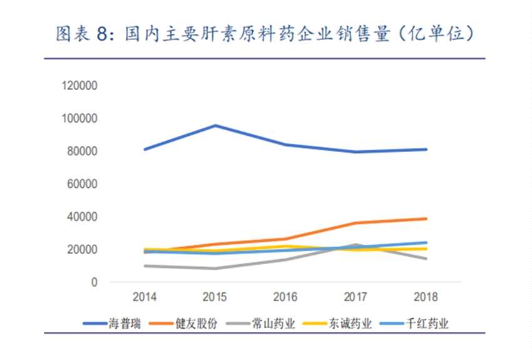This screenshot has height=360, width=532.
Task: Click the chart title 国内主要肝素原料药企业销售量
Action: click(263, 34)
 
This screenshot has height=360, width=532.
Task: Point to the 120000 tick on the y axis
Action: click(79, 86)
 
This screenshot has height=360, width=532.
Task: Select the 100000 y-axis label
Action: click(79, 118)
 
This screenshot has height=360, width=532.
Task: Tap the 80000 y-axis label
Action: click(81, 152)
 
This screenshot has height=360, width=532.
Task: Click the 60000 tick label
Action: click(81, 184)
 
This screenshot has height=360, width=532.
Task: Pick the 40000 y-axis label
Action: click(81, 217)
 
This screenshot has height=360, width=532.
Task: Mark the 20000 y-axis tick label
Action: click(81, 250)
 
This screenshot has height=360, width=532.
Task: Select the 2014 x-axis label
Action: click(145, 297)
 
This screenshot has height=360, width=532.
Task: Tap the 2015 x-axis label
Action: click(216, 297)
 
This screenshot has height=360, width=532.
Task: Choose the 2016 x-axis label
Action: click(286, 297)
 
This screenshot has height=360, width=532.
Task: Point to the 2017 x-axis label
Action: click(356, 297)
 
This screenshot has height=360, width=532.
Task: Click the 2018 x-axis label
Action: click(426, 297)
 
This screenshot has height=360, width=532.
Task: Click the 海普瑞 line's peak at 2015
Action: click(216, 125)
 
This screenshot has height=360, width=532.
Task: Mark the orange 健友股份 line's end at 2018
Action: click(426, 219)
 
